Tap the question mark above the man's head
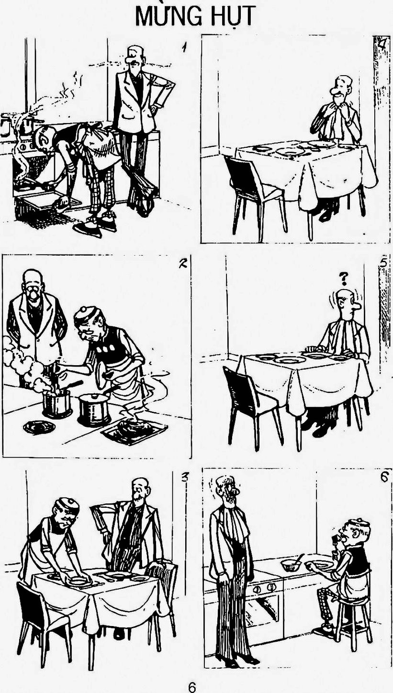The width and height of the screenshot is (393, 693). coord(343,279)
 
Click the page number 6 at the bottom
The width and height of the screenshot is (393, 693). coord(192,685)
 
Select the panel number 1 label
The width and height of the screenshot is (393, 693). coord(184,47)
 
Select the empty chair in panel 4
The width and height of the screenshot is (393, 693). coord(254,198)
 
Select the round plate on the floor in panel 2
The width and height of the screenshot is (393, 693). coord(39,427)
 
